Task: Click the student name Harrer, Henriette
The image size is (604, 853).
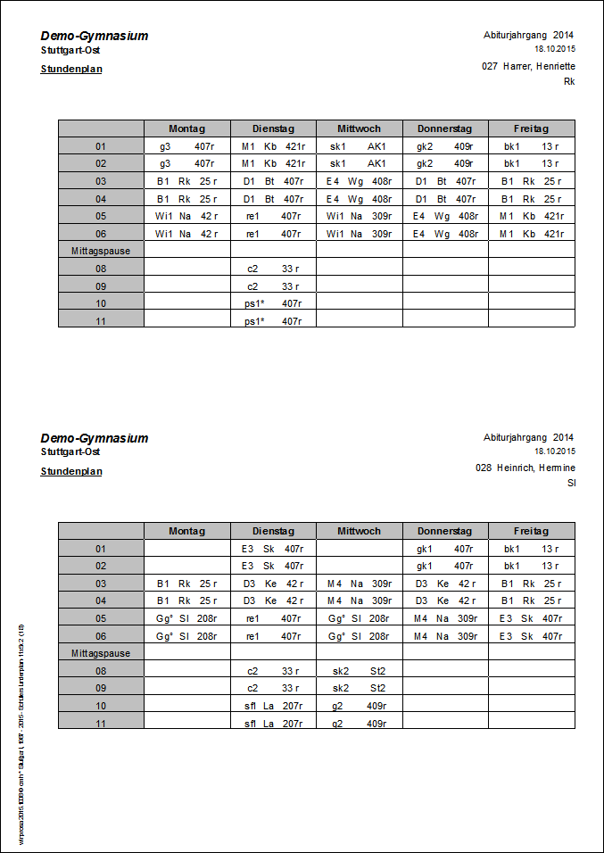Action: (539, 66)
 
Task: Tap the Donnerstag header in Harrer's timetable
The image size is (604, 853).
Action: (445, 128)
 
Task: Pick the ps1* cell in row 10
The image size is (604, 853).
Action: (273, 303)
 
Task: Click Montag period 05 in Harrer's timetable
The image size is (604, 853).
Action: (186, 216)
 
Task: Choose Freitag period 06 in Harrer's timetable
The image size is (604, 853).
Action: (531, 234)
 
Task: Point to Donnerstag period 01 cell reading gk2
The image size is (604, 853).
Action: (445, 146)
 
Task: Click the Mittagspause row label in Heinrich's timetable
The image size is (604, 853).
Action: (101, 653)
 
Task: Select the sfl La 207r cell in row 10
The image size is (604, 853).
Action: (273, 706)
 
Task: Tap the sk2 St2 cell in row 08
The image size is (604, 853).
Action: (359, 671)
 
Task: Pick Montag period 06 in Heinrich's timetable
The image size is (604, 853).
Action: (186, 636)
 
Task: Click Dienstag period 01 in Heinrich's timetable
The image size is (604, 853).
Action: (273, 549)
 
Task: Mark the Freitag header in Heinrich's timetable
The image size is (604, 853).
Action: (531, 531)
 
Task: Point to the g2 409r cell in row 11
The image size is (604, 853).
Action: (359, 724)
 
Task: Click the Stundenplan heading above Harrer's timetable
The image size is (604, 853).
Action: (71, 69)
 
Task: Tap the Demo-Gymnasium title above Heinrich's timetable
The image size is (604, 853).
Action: (95, 438)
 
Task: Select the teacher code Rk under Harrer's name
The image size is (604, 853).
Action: (569, 81)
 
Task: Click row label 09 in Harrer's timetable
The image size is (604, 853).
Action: (101, 286)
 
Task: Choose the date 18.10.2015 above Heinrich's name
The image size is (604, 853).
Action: (555, 451)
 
